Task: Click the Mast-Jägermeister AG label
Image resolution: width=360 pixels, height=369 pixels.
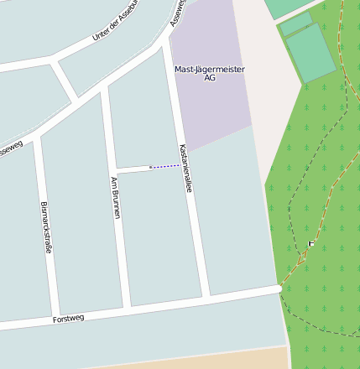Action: [x=209, y=73]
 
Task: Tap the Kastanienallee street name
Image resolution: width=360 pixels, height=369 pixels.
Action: [x=185, y=169]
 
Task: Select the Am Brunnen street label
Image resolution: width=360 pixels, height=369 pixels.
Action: [x=116, y=198]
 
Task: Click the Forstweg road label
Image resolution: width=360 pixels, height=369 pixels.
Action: [x=68, y=320]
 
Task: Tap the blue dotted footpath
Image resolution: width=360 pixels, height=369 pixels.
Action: [x=165, y=167]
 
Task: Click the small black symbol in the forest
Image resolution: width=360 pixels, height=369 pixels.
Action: [x=311, y=243]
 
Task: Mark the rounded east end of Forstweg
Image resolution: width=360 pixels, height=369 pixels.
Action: [x=278, y=289]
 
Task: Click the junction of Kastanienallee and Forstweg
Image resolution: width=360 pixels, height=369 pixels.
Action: [x=206, y=299]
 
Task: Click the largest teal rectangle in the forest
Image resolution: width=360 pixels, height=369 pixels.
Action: [x=310, y=53]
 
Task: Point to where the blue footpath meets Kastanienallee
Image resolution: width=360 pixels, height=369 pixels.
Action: [x=180, y=165]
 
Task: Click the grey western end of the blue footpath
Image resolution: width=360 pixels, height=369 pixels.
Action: [x=150, y=168]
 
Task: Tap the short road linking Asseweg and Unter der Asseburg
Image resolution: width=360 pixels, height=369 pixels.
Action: [x=65, y=80]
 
